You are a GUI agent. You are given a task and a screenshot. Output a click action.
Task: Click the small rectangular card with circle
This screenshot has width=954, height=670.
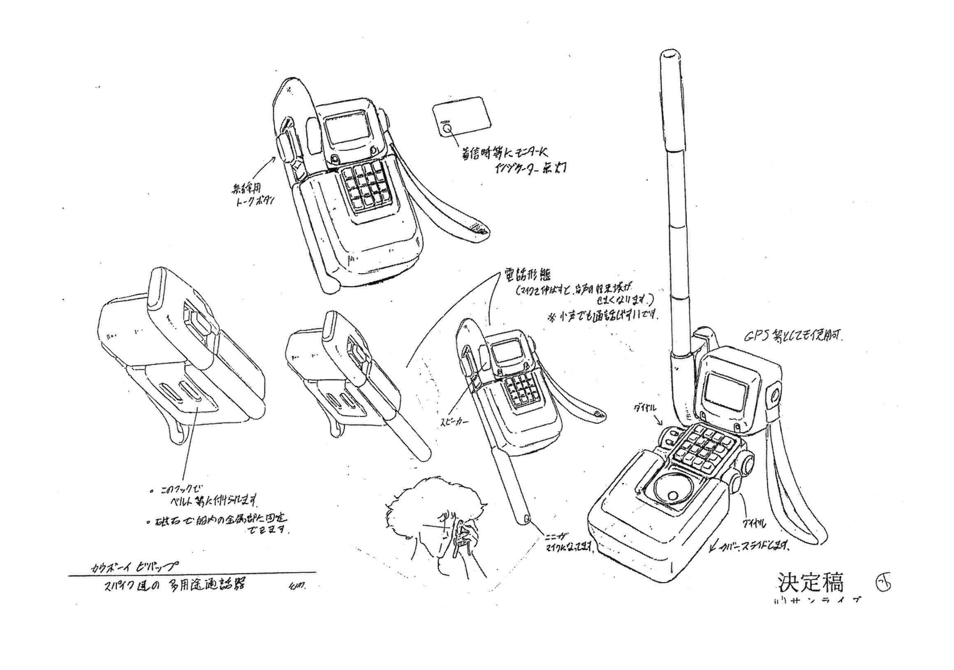click(x=461, y=118)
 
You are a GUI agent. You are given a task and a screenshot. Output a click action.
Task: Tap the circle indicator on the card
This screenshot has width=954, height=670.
click(x=447, y=129)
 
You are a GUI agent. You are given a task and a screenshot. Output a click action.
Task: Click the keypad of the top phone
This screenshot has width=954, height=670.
click(x=367, y=185)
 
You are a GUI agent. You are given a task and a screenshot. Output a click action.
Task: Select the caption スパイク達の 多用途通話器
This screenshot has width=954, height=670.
click(x=174, y=585)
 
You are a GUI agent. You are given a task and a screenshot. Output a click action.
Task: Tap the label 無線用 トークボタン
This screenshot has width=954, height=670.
click(x=256, y=197)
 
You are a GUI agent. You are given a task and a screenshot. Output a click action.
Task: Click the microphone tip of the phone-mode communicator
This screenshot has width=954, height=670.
click(x=527, y=519)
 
